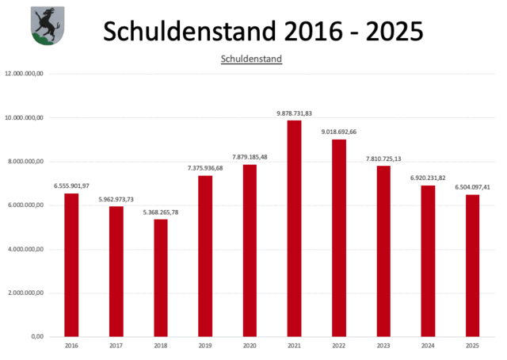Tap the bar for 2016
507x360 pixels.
tap(71, 265)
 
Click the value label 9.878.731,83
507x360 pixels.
tap(294, 113)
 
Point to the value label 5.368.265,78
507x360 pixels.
tap(161, 212)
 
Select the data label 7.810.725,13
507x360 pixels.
tap(383, 159)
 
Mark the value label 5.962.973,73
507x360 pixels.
tap(116, 199)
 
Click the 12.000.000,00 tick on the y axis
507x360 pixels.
tap(25, 74)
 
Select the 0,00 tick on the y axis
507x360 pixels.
tap(36, 337)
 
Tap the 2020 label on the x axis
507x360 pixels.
tap(250, 346)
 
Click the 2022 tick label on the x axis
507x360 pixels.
tap(338, 346)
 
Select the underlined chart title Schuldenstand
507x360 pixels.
tap(251, 58)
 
